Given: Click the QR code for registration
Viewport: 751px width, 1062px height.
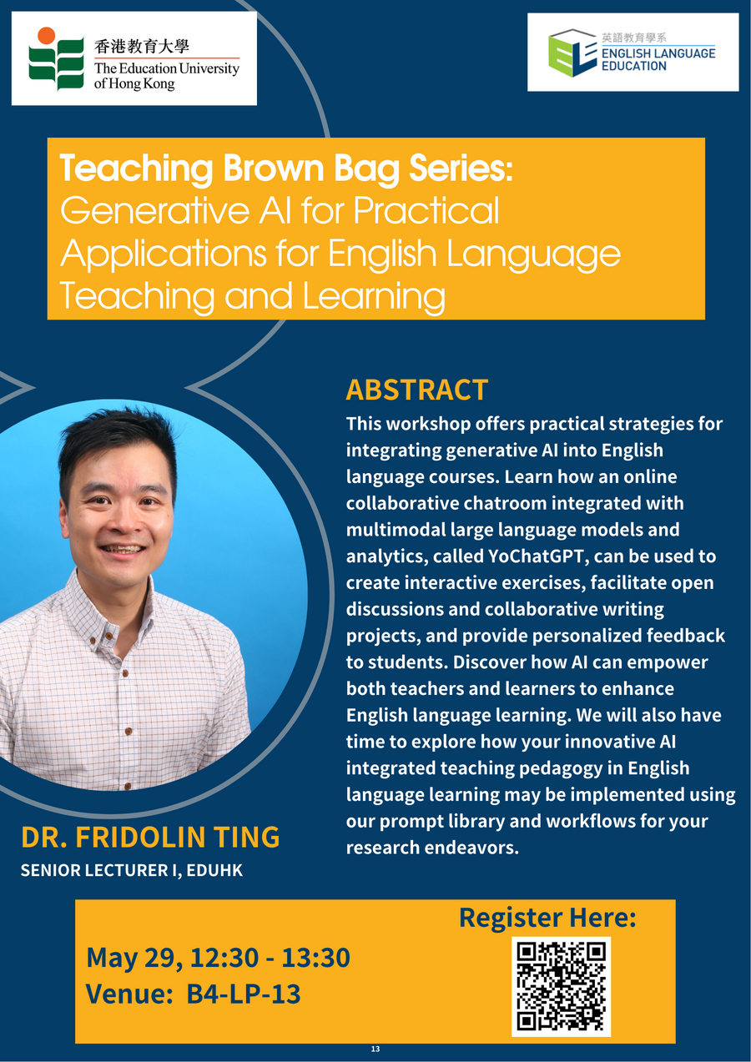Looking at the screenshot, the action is pyautogui.click(x=561, y=987).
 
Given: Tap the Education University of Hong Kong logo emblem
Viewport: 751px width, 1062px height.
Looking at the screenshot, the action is pyautogui.click(x=56, y=58).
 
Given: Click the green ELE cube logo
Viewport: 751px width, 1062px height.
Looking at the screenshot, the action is pyautogui.click(x=572, y=53).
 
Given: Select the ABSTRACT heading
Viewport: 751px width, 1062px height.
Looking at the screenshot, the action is pyautogui.click(x=416, y=390).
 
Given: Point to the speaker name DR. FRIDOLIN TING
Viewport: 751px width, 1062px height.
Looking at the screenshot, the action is pyautogui.click(x=150, y=838).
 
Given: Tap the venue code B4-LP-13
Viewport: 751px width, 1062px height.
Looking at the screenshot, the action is pyautogui.click(x=244, y=994).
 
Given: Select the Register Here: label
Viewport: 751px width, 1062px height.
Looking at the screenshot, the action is pyautogui.click(x=547, y=918).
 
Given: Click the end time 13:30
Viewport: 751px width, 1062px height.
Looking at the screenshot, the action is pyautogui.click(x=315, y=958).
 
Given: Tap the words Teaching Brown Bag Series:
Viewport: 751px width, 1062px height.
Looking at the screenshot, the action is pyautogui.click(x=286, y=169).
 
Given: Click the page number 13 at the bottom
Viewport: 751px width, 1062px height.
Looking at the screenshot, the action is pyautogui.click(x=375, y=1049).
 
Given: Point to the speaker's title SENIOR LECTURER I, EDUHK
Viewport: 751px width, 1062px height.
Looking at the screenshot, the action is pyautogui.click(x=132, y=870).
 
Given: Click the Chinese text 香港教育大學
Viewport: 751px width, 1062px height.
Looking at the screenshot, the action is pyautogui.click(x=141, y=46).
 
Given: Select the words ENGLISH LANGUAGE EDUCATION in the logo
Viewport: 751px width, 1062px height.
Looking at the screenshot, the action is pyautogui.click(x=658, y=59).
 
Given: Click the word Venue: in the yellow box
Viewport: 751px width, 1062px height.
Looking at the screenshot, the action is pyautogui.click(x=129, y=994).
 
